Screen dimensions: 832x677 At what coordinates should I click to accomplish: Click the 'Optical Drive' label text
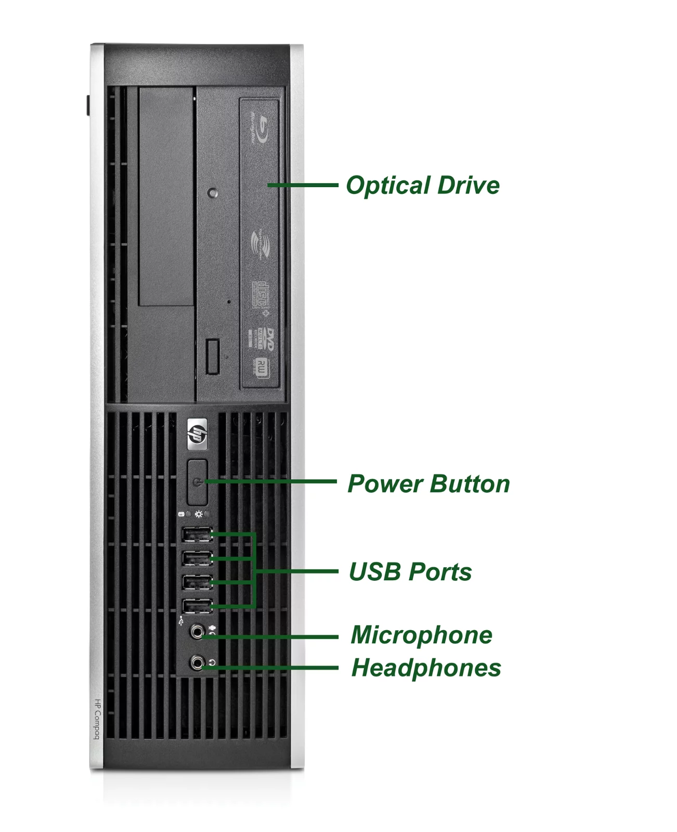[422, 186]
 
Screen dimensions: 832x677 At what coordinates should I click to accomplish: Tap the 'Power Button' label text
[428, 484]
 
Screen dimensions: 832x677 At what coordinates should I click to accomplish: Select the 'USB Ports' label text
[410, 571]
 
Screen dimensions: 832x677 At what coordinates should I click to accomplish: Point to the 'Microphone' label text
[421, 635]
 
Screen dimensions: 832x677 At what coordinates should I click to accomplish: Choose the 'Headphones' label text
[426, 668]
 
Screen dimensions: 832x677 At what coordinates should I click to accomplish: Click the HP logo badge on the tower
[197, 434]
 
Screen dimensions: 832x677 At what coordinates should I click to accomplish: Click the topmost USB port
[197, 534]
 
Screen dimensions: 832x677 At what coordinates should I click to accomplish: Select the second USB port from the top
[197, 558]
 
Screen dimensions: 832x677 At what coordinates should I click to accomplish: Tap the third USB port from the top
[197, 582]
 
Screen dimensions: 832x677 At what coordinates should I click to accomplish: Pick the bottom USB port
[197, 606]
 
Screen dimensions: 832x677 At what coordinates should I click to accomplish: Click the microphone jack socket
[197, 632]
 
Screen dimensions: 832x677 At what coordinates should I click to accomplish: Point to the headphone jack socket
[197, 663]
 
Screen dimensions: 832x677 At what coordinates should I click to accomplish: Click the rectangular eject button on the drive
[212, 356]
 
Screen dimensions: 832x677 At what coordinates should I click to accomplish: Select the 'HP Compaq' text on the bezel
[97, 719]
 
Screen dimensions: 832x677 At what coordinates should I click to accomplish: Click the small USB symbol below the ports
[180, 620]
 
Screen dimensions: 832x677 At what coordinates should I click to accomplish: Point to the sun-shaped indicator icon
[199, 514]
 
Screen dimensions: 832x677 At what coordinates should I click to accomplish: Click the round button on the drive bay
[212, 193]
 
